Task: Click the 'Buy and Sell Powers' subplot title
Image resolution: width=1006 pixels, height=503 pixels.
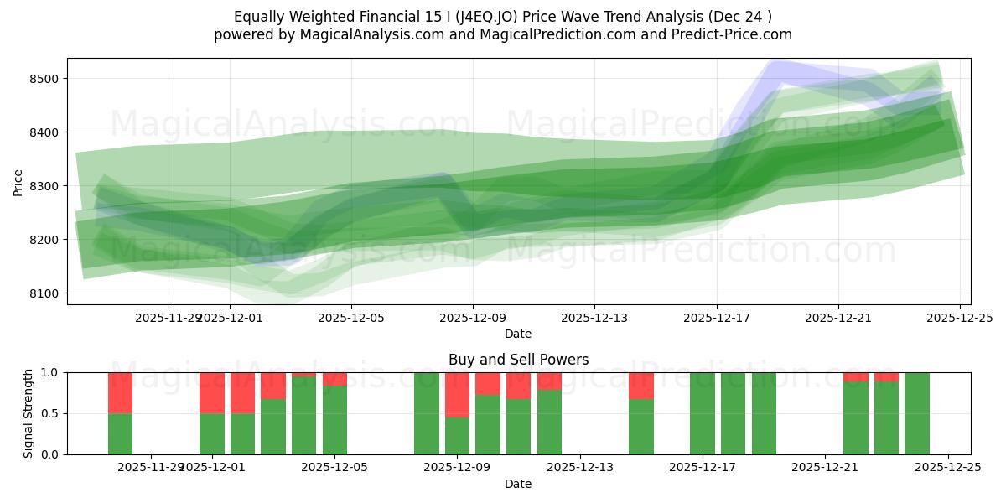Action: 518,360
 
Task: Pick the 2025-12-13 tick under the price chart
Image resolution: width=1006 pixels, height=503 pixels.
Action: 594,318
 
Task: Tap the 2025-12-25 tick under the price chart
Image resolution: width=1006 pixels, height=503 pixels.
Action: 959,318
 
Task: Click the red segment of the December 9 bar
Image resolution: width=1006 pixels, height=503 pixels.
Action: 457,394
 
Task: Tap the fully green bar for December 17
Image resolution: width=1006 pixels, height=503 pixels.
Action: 703,413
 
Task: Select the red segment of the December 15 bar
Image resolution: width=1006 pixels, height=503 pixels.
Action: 641,386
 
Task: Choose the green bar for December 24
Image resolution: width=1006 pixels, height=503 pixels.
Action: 917,413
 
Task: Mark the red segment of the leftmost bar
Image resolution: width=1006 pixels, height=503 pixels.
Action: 121,392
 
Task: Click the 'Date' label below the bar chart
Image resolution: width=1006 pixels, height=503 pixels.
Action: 518,484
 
